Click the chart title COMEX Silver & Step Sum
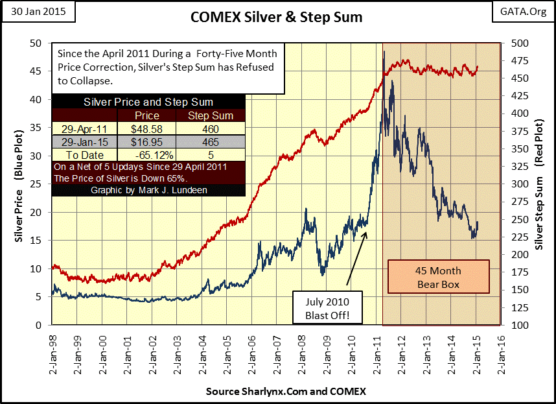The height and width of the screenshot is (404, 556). [x=277, y=18]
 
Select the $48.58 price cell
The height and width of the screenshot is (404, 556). [x=146, y=129]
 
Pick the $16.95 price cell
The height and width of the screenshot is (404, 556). [x=146, y=142]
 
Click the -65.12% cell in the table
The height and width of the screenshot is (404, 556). [x=146, y=155]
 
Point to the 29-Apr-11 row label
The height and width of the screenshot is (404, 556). [x=85, y=129]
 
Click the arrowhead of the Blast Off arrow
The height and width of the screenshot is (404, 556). [x=366, y=231]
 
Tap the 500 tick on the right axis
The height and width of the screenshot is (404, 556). [x=516, y=43]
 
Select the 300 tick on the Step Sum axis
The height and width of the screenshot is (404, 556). [x=516, y=184]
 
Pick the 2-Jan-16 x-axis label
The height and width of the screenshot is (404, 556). [x=502, y=355]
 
